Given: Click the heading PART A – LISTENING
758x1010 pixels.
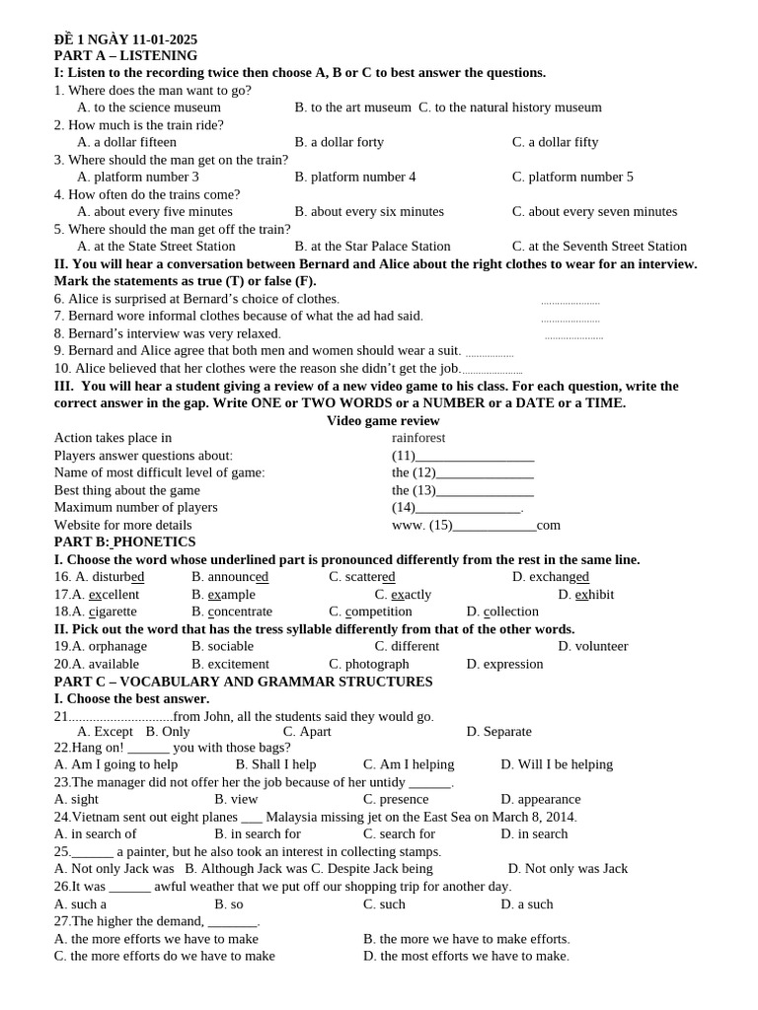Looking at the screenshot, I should coord(125,55).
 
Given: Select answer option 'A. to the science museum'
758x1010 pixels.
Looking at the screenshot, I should coord(149,108).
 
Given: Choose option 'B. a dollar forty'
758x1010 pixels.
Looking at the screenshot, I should coord(339,142).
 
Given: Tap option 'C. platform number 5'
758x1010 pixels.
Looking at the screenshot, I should coord(572,177).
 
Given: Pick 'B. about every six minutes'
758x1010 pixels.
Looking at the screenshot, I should coord(369,211).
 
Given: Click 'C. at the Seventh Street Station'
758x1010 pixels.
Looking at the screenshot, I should coord(599,246).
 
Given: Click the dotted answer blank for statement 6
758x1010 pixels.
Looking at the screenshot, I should coord(569,302).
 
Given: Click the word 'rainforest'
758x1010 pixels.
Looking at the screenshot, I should coord(418,437).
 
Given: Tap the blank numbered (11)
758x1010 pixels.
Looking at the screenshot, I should coord(474,456).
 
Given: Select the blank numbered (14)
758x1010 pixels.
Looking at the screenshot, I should coord(468,508).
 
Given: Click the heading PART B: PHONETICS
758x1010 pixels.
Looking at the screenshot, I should coord(124,541).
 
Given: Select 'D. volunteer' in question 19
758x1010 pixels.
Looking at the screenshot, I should coord(592,646).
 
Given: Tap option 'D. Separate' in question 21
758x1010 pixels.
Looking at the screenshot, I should coord(498,731).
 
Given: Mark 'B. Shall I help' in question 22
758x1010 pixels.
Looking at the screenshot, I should coord(275,764).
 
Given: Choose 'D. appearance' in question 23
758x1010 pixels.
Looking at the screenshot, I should coord(540,799).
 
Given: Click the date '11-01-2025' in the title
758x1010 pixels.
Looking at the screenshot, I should coord(158,39).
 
